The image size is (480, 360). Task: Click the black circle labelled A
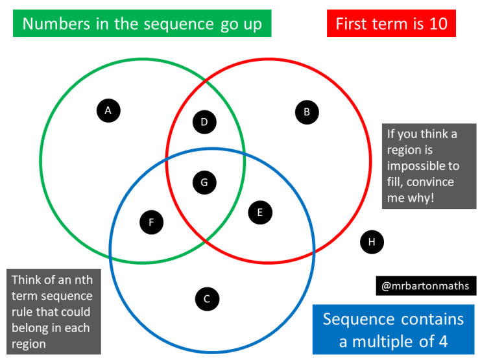108,110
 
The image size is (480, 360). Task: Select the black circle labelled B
307,112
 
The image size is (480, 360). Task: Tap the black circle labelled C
207,299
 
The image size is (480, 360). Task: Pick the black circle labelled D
204,121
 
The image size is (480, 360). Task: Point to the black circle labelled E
260,211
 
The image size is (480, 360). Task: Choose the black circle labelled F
151,222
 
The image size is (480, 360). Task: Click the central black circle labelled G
204,182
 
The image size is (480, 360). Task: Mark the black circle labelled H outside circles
372,242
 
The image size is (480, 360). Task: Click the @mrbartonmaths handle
426,286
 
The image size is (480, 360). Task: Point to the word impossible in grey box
422,165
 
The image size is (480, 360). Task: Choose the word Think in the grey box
29,281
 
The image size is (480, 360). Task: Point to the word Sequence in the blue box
358,319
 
